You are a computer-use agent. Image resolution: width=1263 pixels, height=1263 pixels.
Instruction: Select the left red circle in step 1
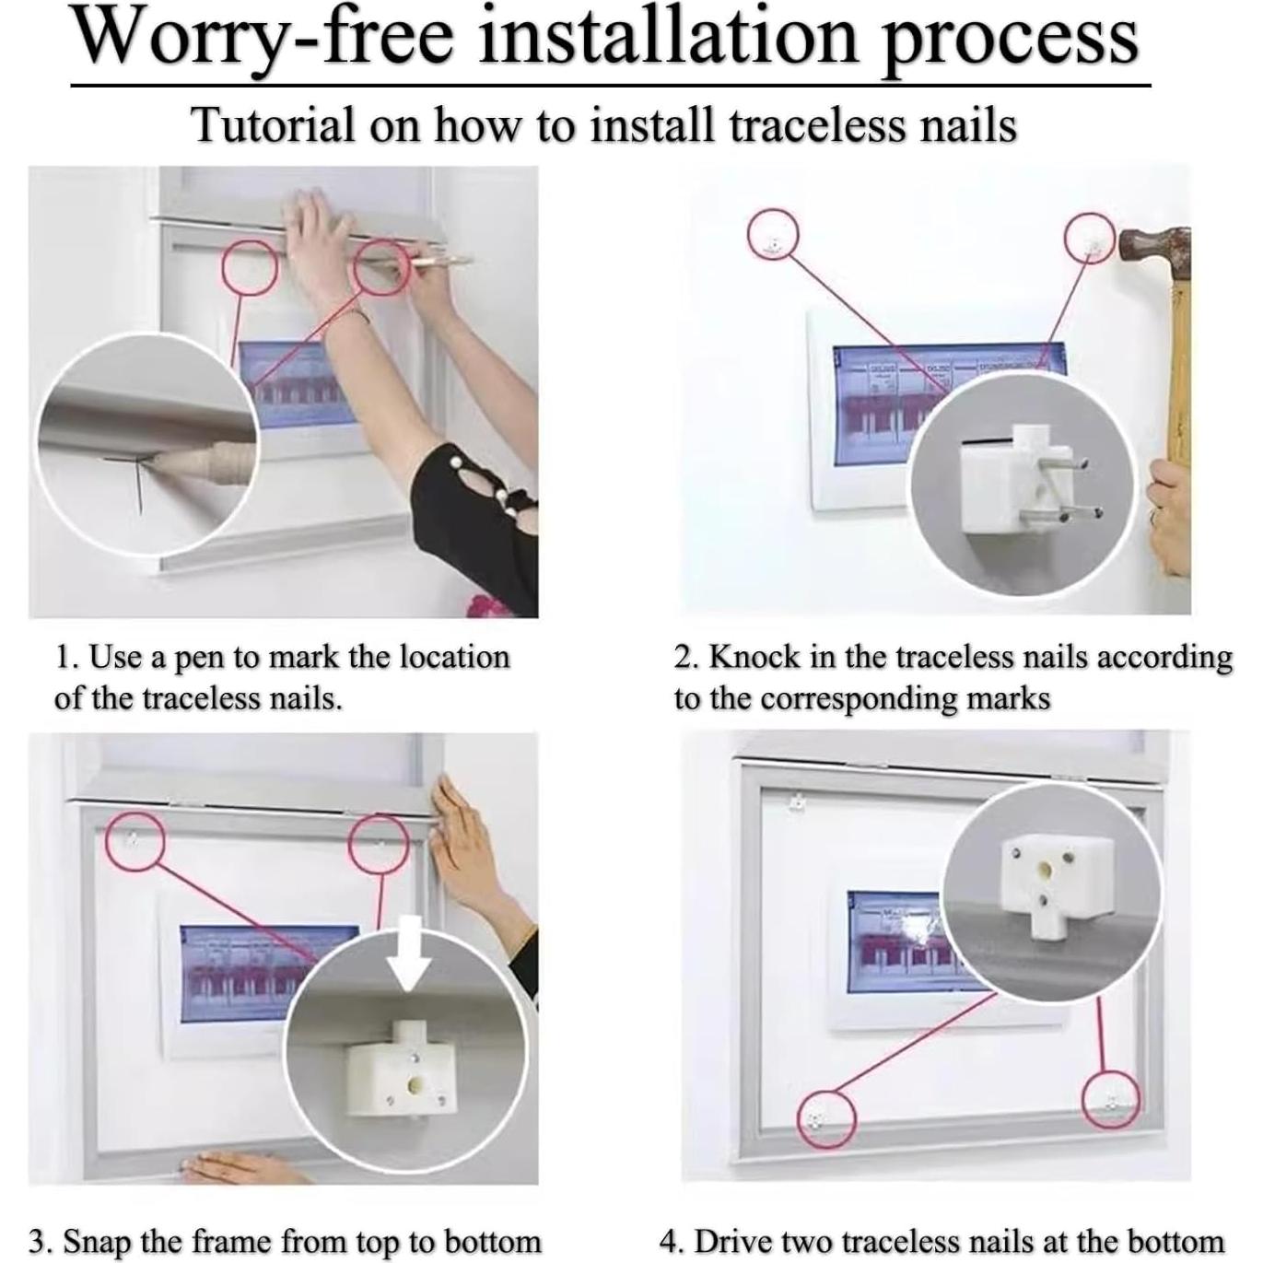[x=250, y=267]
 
